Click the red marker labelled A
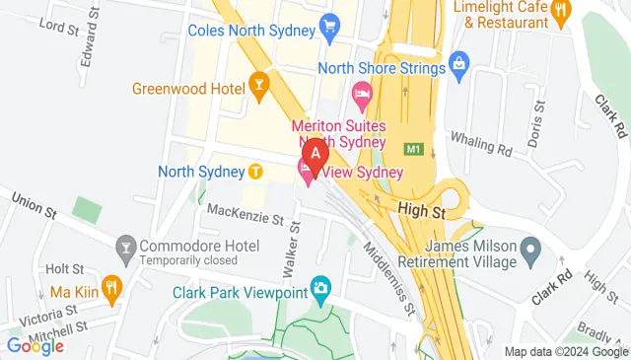tap(315, 153)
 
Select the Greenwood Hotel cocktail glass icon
tap(260, 83)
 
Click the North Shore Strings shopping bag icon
tap(458, 64)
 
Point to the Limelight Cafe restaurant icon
tap(562, 12)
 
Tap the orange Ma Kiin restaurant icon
tap(111, 289)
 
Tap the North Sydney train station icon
tap(255, 172)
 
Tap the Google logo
tap(35, 345)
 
